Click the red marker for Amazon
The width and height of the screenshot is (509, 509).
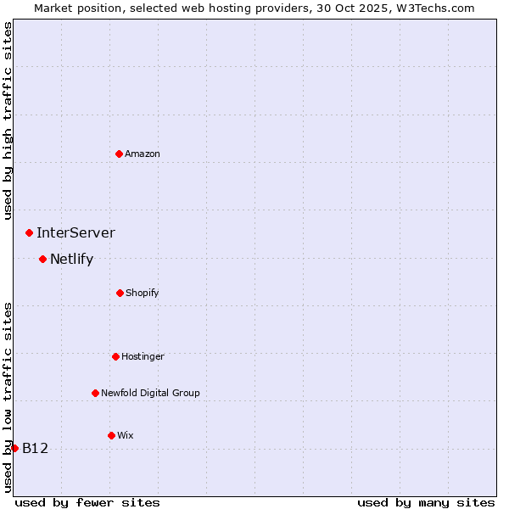pyautogui.click(x=119, y=154)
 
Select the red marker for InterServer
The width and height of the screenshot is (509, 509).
pyautogui.click(x=29, y=232)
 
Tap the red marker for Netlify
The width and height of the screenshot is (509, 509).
pyautogui.click(x=42, y=259)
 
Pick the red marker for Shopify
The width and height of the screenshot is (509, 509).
pyautogui.click(x=120, y=293)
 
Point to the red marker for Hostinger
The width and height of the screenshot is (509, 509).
pyautogui.click(x=115, y=356)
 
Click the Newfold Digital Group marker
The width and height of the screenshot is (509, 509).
pyautogui.click(x=95, y=393)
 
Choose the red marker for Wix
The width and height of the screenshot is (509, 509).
pyautogui.click(x=111, y=435)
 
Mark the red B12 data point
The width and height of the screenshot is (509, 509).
pyautogui.click(x=14, y=448)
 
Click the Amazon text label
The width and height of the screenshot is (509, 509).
pyautogui.click(x=143, y=154)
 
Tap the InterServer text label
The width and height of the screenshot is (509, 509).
pyautogui.click(x=76, y=232)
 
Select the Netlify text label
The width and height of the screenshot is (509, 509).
pyautogui.click(x=71, y=259)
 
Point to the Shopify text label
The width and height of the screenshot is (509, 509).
pyautogui.click(x=143, y=293)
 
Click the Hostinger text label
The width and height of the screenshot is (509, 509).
pyautogui.click(x=143, y=356)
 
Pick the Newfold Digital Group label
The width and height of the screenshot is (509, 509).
pyautogui.click(x=150, y=393)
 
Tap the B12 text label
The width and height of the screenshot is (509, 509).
pyautogui.click(x=35, y=448)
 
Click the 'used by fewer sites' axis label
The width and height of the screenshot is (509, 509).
pyautogui.click(x=87, y=502)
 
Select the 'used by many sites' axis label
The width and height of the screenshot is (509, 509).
pyautogui.click(x=426, y=502)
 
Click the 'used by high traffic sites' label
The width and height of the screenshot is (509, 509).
pyautogui.click(x=8, y=120)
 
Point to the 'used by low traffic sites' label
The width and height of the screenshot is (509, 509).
pyautogui.click(x=8, y=396)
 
